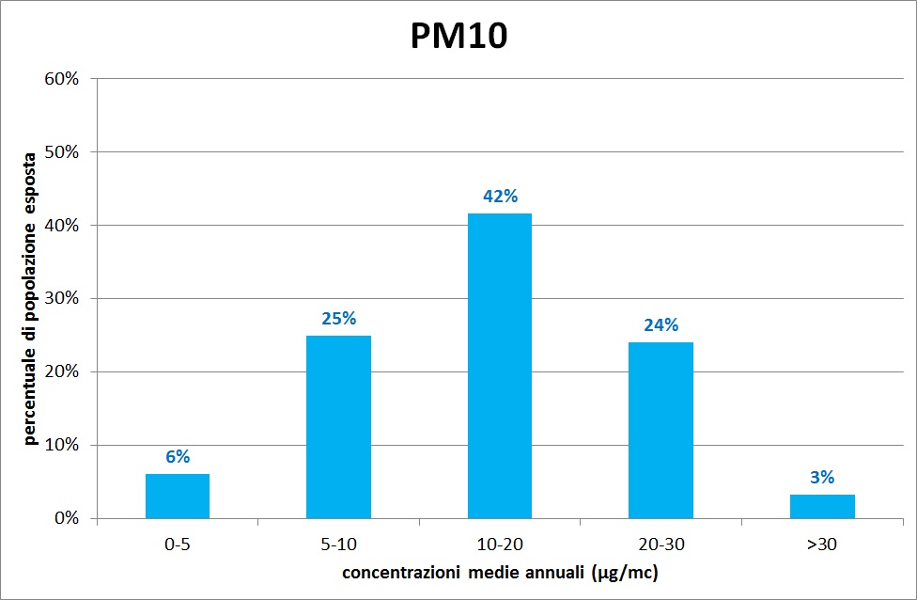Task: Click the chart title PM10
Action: point(459,35)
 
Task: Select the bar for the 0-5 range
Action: point(178,496)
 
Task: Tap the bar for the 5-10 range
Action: point(338,427)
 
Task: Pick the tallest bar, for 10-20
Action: point(500,366)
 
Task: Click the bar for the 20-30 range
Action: point(661,430)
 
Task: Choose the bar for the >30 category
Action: point(822,506)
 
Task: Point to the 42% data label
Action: point(500,197)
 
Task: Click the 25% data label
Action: point(338,319)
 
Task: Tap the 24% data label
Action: point(661,325)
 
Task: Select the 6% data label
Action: point(178,457)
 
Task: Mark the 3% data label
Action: point(822,478)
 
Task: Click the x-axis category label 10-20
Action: point(500,543)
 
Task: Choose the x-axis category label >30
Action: point(822,543)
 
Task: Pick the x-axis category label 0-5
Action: point(178,543)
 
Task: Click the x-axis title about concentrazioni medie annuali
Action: point(500,573)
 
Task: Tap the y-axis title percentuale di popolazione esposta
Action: point(31,297)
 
